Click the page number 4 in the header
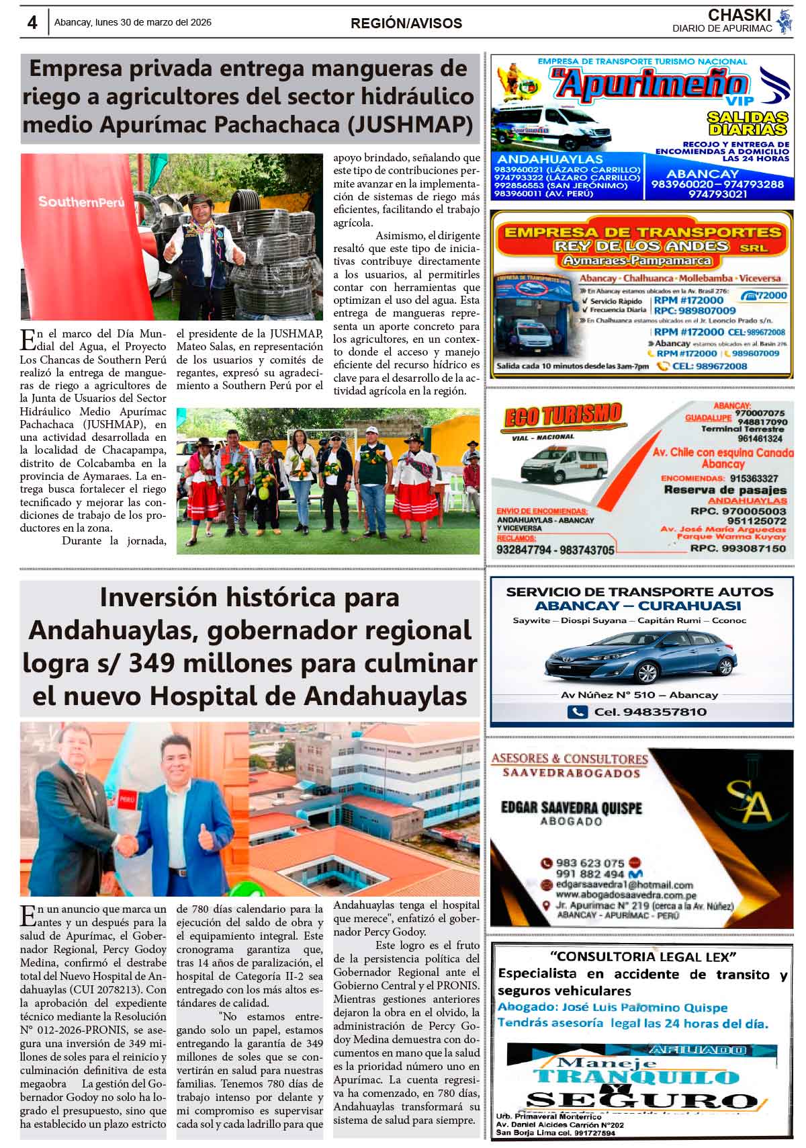tap(32, 22)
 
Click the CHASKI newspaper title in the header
tap(739, 15)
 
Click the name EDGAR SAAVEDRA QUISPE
tap(571, 808)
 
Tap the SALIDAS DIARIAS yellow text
tap(747, 123)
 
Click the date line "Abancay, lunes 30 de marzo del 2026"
tap(133, 22)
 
